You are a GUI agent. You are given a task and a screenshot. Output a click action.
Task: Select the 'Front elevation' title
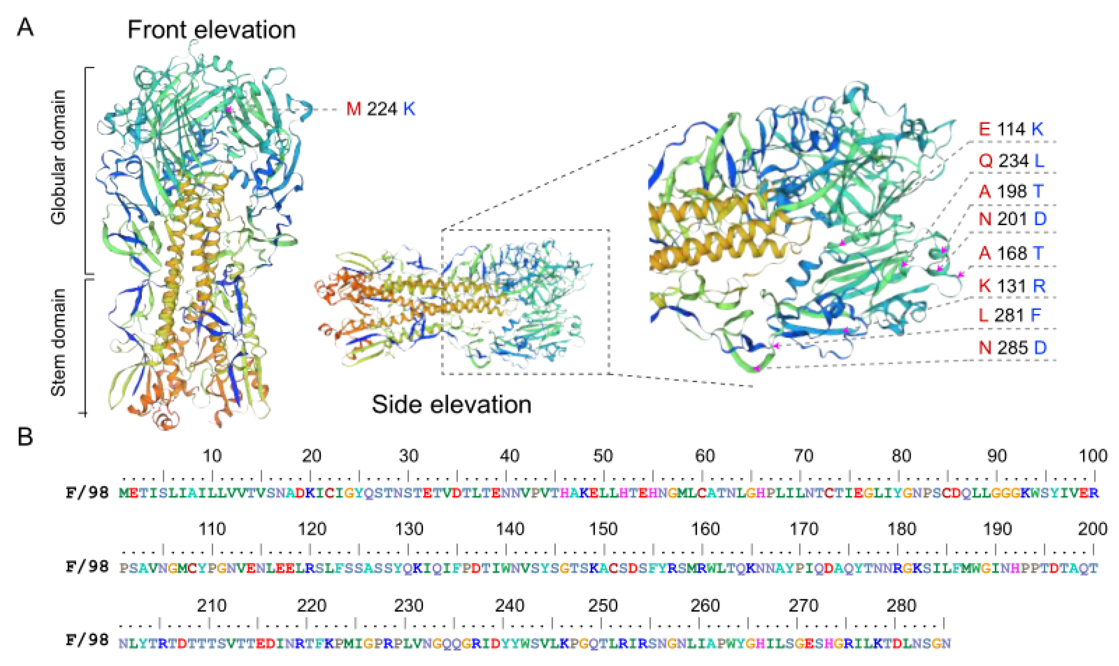tap(211, 30)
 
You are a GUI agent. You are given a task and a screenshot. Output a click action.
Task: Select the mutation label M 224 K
tap(380, 109)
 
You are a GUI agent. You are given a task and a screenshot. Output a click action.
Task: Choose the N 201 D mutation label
tap(1012, 219)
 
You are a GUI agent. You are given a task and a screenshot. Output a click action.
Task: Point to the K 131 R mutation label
tap(1012, 286)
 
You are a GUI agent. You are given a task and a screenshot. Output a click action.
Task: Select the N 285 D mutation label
tap(1012, 348)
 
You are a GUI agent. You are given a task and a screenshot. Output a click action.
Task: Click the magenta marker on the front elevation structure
tap(228, 109)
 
